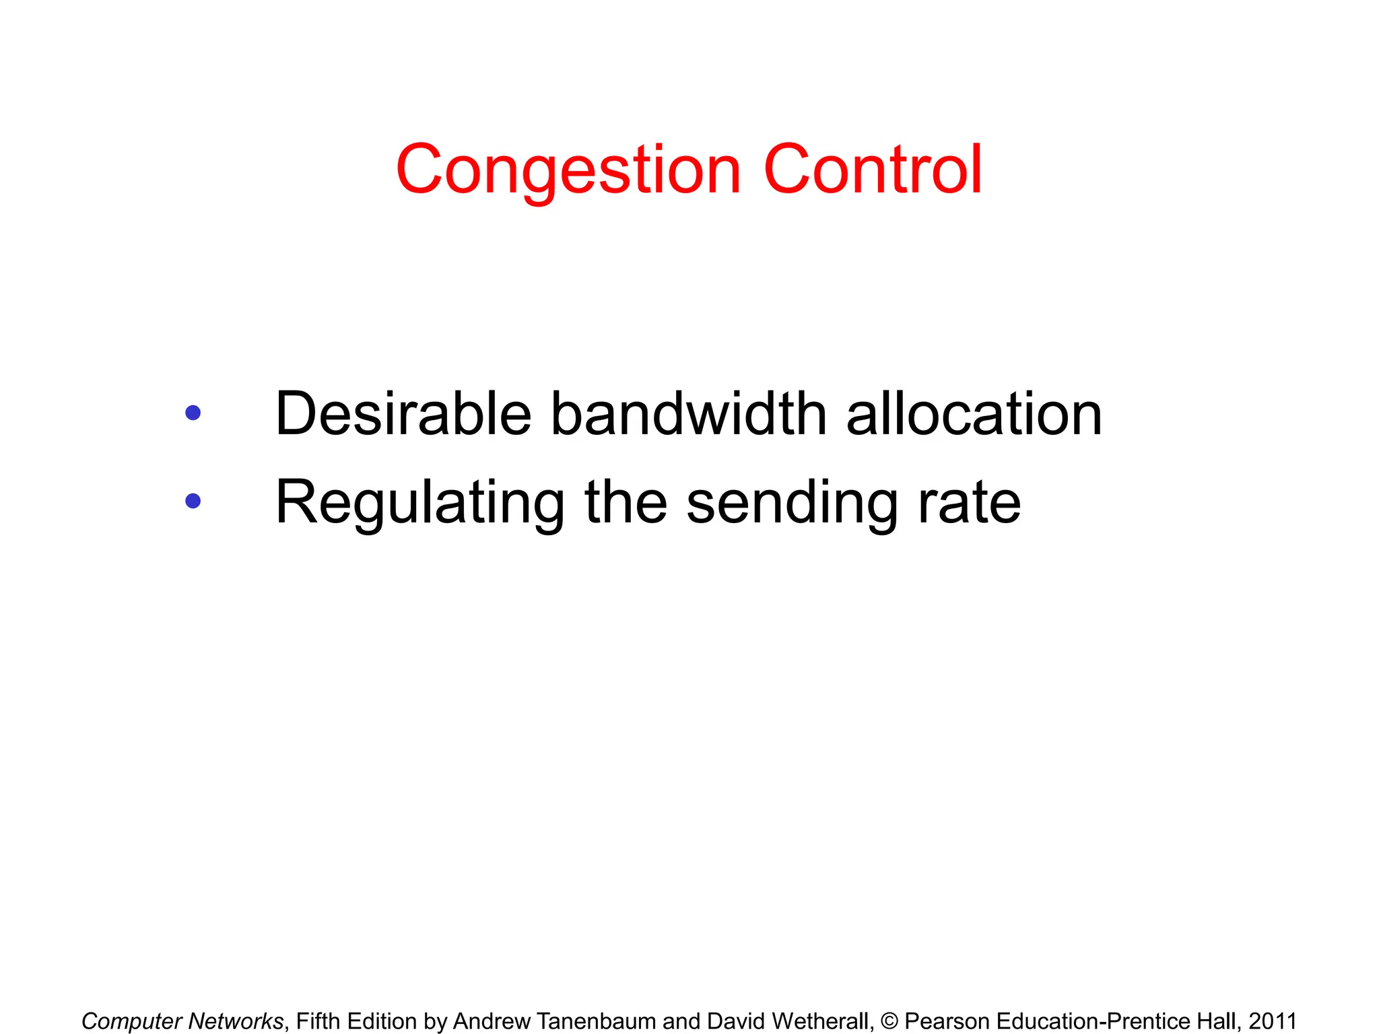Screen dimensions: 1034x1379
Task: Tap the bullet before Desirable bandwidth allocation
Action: point(193,413)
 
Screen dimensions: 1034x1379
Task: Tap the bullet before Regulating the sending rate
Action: point(193,501)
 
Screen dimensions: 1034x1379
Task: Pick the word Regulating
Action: point(420,504)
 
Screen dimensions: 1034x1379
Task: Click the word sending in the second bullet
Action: point(792,504)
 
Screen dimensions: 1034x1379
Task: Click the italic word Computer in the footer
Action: point(132,1021)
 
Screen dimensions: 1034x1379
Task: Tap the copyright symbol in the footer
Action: point(889,1021)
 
